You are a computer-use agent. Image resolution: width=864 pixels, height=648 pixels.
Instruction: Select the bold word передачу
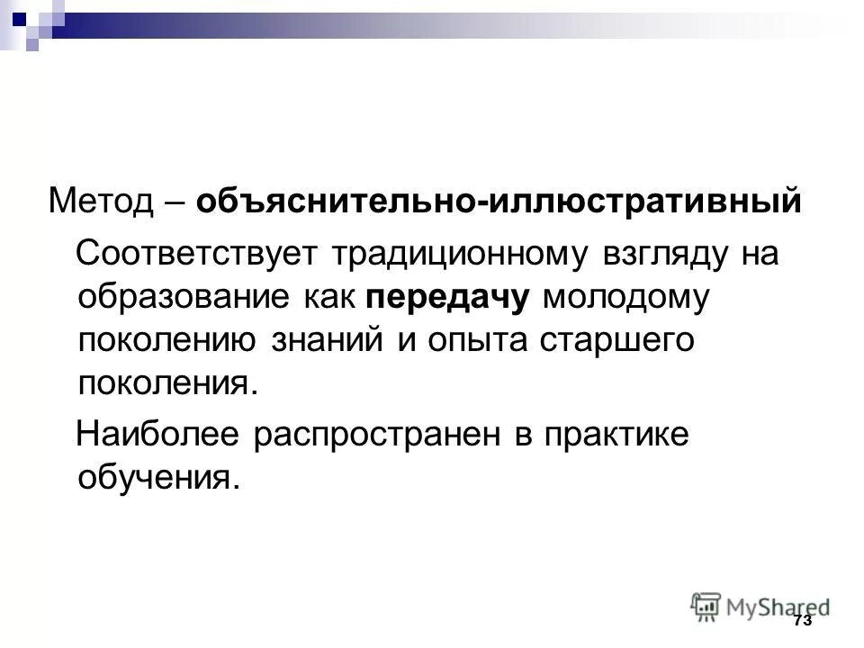click(x=447, y=298)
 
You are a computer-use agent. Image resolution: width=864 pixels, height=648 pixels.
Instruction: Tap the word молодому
click(x=626, y=298)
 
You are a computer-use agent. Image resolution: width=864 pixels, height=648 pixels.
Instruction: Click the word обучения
click(x=160, y=478)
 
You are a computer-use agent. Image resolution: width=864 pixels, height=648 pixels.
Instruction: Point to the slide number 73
click(x=803, y=621)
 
